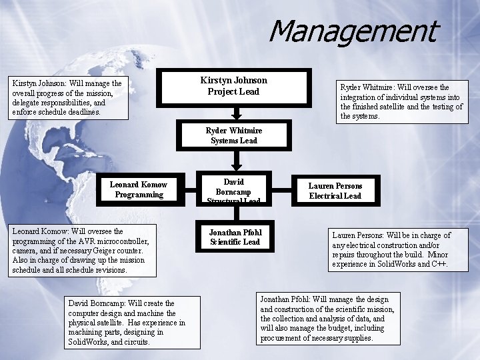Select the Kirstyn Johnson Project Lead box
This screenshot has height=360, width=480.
point(233,86)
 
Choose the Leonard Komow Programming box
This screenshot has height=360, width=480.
point(139,189)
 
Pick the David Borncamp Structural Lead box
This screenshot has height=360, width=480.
point(234,190)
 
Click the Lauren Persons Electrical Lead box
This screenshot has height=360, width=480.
point(335,191)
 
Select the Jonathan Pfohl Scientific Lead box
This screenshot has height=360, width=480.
point(235,237)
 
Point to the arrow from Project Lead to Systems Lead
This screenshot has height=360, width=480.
point(234,113)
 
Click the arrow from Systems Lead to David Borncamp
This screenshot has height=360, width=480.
point(235,161)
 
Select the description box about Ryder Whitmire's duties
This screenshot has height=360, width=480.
point(402,101)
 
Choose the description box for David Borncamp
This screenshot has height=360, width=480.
point(127,323)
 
